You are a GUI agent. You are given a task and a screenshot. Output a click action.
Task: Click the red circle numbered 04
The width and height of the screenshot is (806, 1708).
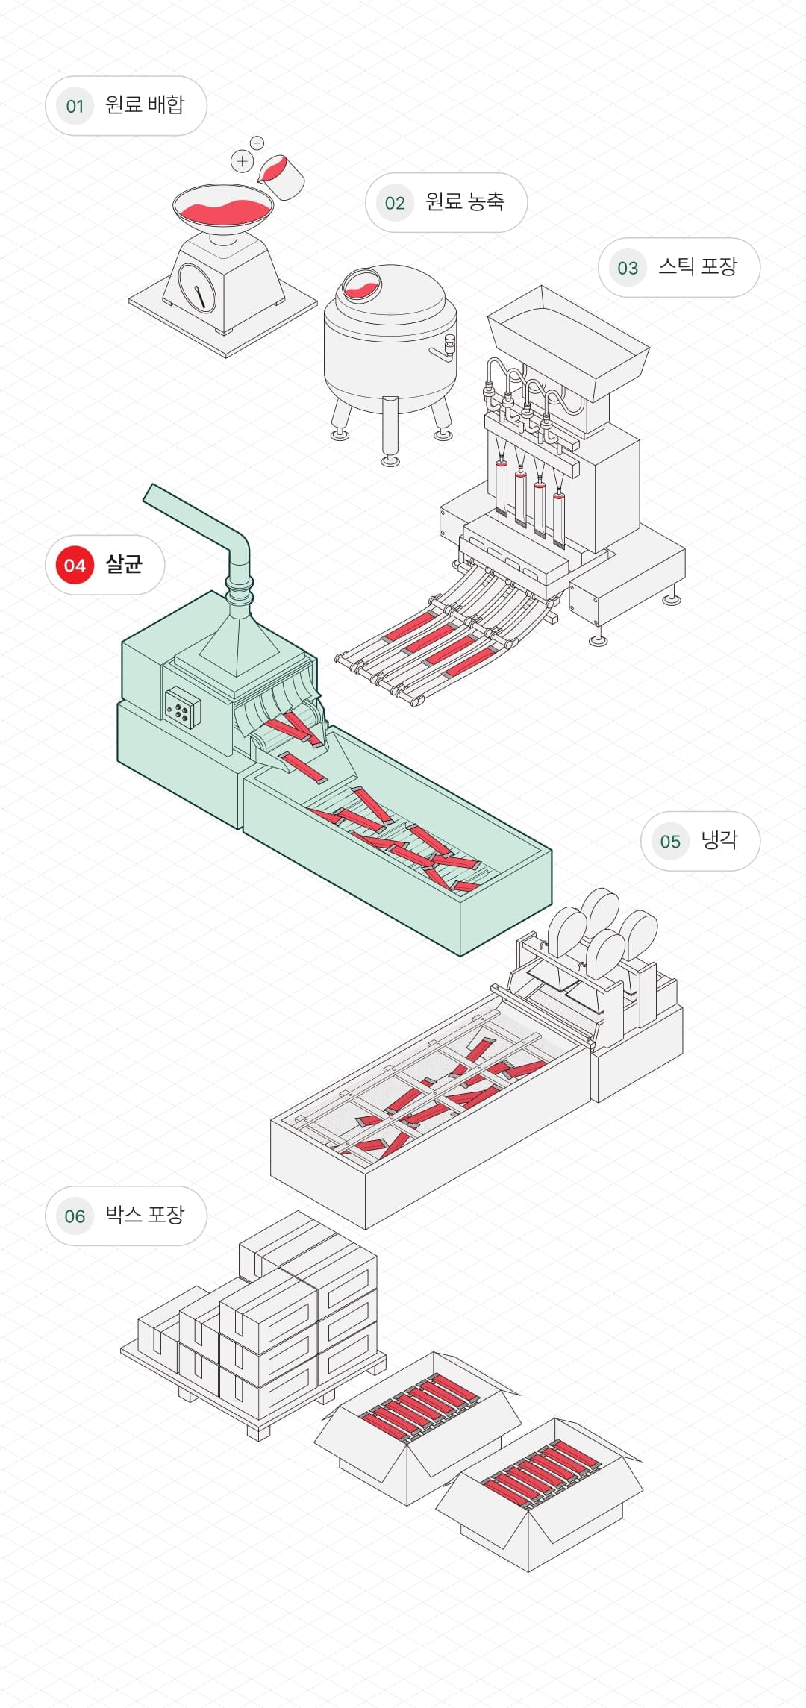point(75,565)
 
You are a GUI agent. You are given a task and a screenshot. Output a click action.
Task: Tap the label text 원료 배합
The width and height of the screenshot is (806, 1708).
point(144,105)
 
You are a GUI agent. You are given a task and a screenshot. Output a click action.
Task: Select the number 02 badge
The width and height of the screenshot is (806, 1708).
point(395,203)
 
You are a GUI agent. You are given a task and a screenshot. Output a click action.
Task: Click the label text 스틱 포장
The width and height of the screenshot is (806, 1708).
point(697,267)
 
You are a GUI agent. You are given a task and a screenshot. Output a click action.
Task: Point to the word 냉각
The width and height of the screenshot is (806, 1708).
point(719,840)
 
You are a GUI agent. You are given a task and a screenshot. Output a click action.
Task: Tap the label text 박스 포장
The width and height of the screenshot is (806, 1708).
point(144,1216)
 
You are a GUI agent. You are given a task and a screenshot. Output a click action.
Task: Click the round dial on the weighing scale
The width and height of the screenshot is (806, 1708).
point(197,287)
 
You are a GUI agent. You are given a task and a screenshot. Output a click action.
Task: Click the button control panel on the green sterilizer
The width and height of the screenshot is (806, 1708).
point(182,707)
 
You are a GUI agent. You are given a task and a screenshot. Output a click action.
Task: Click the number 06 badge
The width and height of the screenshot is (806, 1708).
point(75,1216)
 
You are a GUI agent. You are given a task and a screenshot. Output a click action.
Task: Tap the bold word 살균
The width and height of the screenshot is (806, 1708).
point(124,564)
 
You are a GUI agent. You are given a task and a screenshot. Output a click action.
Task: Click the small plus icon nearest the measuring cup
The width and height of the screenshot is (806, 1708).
point(257,143)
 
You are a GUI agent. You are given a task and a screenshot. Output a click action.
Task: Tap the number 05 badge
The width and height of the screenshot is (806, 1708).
point(670,842)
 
